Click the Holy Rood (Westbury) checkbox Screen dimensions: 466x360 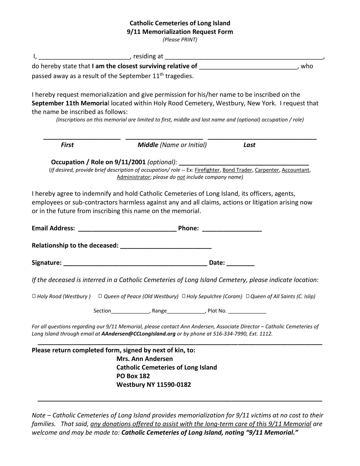[34, 296]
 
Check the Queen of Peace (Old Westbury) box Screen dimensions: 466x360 [100, 296]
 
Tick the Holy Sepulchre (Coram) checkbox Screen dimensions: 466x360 [184, 296]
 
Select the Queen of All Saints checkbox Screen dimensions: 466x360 [248, 296]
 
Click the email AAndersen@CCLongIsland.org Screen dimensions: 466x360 [138, 334]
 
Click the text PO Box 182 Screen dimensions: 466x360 [133, 376]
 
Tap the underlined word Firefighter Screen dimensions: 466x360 [207, 170]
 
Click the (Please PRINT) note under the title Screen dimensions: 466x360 [180, 40]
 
